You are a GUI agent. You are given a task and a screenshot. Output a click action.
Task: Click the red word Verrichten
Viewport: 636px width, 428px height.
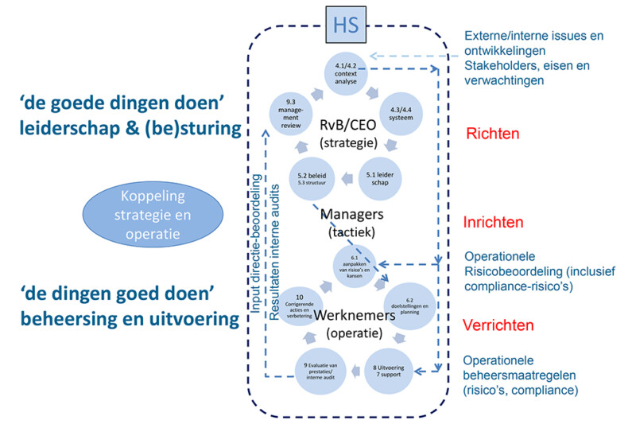(499, 326)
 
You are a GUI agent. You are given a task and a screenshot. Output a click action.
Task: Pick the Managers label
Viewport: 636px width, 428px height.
(351, 214)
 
